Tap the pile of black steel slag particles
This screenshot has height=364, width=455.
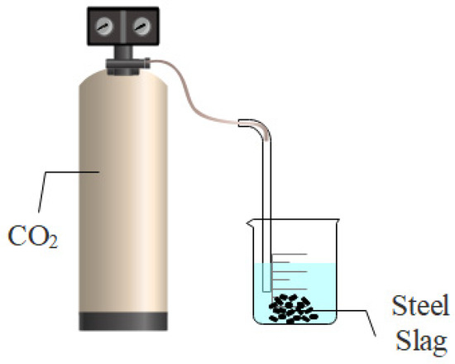point(290,308)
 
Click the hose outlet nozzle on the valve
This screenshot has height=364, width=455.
point(150,59)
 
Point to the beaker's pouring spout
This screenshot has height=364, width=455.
point(249,223)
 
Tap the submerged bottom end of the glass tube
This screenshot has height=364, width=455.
point(267,294)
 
